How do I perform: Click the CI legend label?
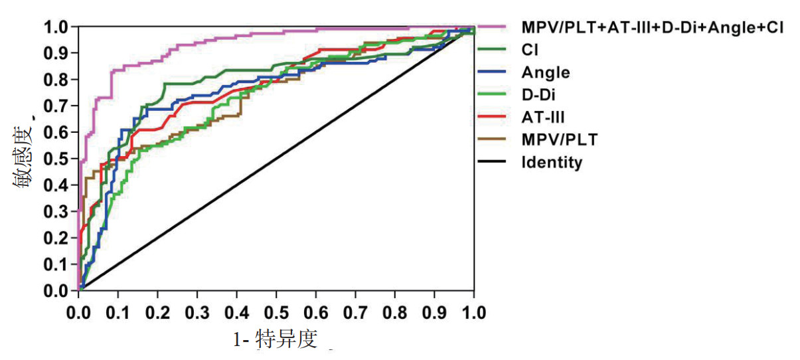click(530, 49)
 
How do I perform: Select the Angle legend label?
click(545, 72)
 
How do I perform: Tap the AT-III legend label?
click(543, 118)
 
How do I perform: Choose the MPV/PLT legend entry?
click(559, 140)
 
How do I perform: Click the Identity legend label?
click(552, 163)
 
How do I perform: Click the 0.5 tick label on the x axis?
click(276, 313)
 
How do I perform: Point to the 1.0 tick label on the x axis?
click(474, 313)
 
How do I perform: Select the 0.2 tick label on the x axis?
click(157, 313)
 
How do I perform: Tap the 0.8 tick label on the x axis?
click(395, 313)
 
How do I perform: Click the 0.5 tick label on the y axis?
click(56, 159)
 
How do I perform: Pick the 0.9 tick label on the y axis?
click(56, 53)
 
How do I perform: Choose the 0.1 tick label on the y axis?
click(56, 264)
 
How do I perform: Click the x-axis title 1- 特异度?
click(275, 340)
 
